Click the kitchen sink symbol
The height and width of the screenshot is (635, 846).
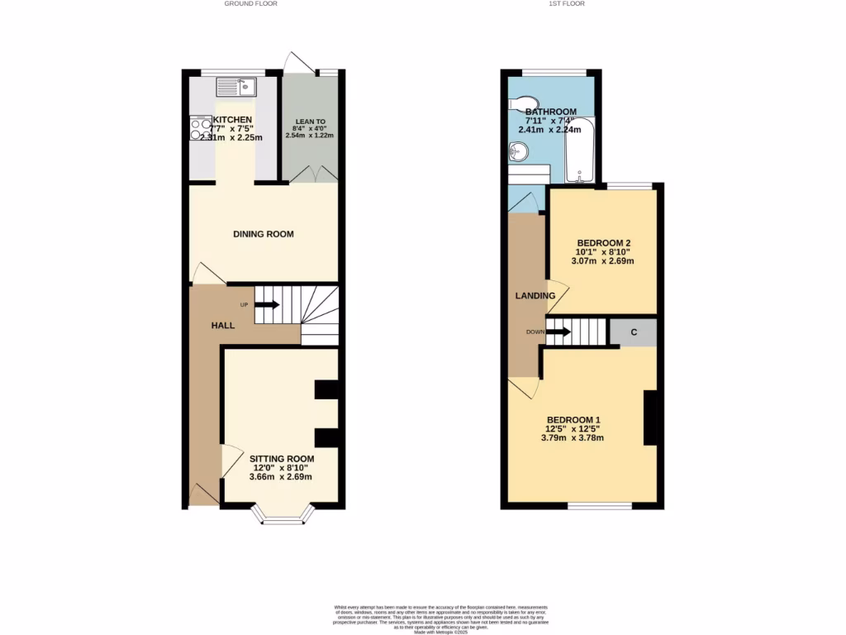[x=237, y=85]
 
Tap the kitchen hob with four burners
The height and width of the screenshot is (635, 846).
[x=201, y=129]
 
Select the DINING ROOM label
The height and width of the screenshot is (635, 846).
[x=264, y=234]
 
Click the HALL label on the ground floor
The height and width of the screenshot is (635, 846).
[x=221, y=326]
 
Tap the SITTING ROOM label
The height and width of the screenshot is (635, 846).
[x=282, y=458]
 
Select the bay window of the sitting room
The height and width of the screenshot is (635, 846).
[x=282, y=518]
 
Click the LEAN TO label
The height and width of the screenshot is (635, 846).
[x=310, y=127]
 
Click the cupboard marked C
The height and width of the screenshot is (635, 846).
[x=633, y=332]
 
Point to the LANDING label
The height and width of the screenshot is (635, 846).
[x=535, y=296]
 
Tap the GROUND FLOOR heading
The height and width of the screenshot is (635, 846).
[x=250, y=4]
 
